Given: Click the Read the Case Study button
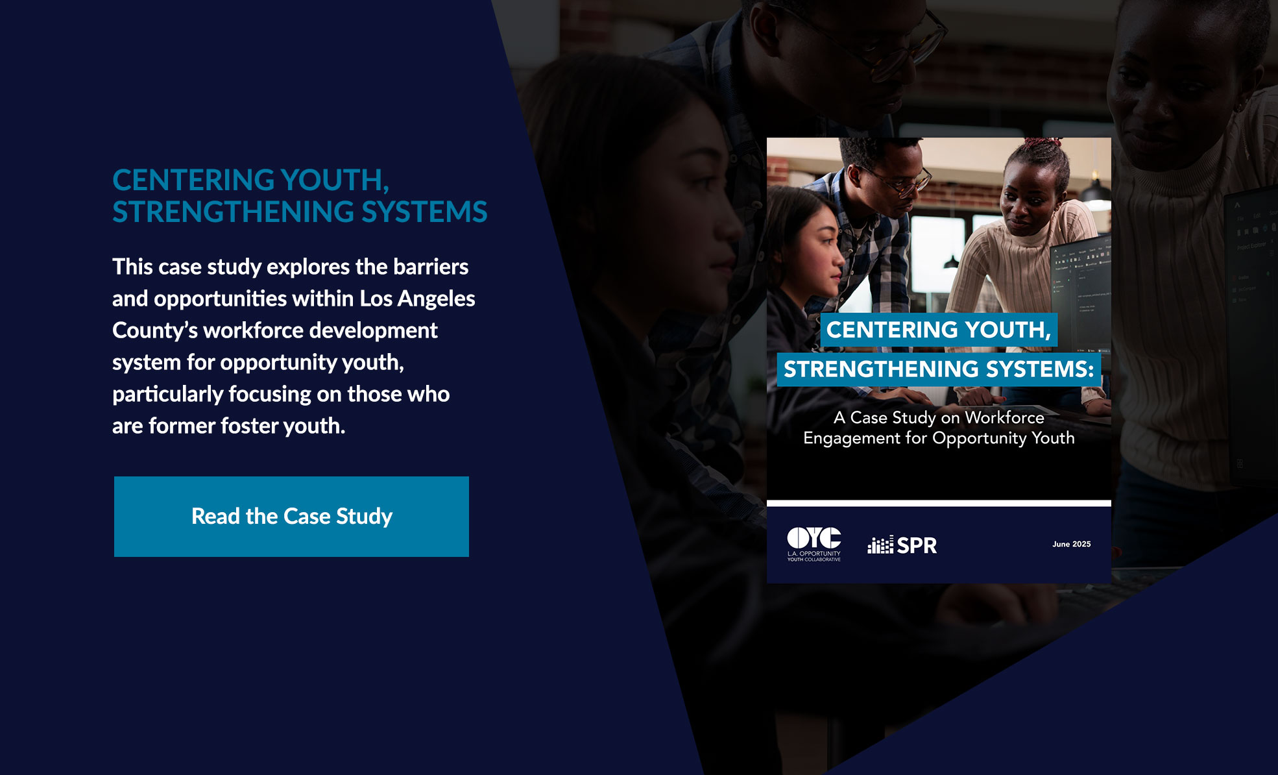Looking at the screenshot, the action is click(291, 517).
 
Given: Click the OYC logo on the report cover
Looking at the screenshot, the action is click(814, 544).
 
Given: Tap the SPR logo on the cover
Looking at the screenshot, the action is click(902, 545).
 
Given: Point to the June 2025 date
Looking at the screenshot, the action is click(1071, 544).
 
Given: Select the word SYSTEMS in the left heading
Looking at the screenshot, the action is click(424, 212).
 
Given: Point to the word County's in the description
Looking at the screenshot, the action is click(155, 331).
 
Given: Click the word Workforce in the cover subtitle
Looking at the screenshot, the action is click(1004, 417).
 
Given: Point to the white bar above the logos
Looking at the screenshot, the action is click(939, 503).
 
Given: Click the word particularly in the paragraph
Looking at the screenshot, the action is click(167, 395).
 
